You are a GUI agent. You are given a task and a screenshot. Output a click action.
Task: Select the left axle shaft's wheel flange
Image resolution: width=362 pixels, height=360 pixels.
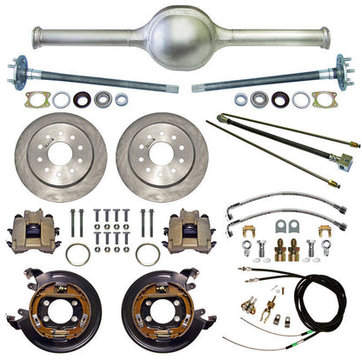[19, 69]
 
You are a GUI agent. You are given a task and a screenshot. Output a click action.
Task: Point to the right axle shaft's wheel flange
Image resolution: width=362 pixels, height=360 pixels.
[344, 70]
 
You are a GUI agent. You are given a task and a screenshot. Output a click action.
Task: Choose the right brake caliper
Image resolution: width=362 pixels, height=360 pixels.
[189, 230]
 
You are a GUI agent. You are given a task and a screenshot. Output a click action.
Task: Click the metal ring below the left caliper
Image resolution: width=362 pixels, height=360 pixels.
[77, 254]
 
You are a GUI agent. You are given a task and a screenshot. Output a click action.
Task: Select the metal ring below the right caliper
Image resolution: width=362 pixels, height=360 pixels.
[149, 254]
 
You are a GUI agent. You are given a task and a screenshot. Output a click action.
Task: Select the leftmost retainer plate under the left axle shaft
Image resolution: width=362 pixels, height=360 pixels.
[37, 100]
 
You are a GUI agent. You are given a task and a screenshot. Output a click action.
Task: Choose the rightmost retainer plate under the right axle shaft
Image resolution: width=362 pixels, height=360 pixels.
[325, 100]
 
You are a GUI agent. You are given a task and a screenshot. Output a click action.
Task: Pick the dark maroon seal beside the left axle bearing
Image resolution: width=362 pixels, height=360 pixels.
[82, 100]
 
